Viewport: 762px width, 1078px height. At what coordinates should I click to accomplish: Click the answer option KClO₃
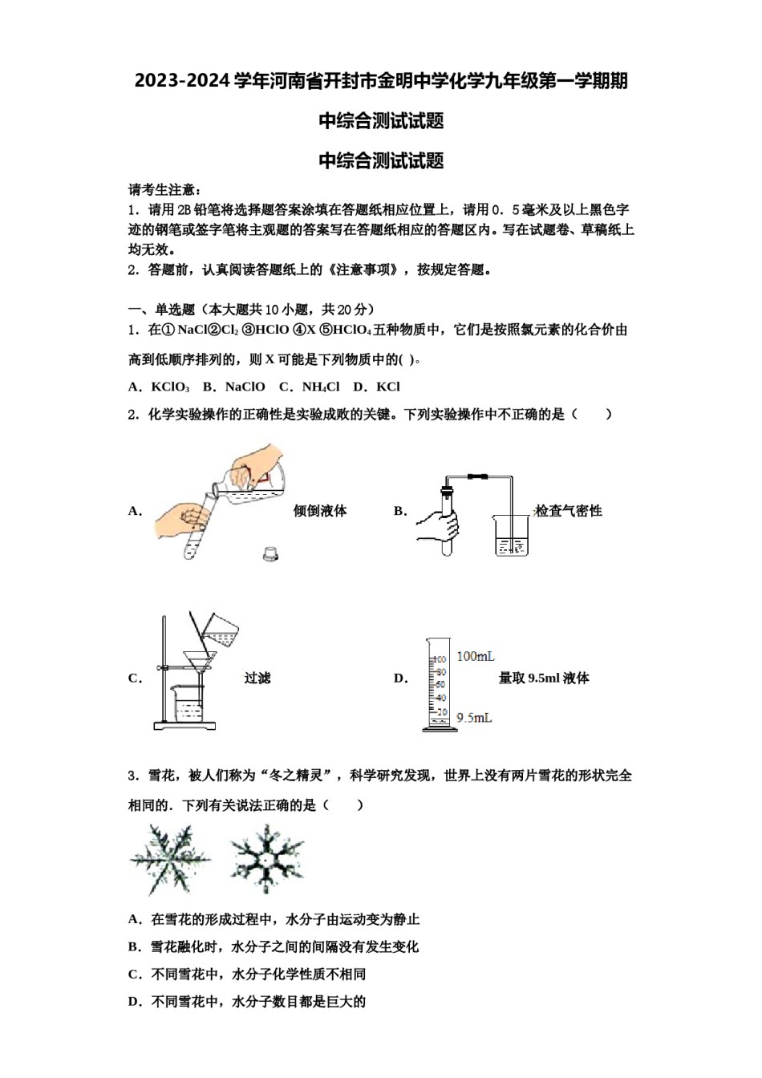click(170, 387)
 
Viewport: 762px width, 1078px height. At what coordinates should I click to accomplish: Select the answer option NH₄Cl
click(320, 387)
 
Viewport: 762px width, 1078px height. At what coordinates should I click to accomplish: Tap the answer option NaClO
click(245, 387)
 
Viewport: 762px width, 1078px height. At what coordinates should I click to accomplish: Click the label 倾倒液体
click(320, 511)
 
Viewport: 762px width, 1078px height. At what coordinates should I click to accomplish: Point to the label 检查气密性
click(568, 511)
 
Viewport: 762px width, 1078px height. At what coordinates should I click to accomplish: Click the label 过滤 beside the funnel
click(257, 678)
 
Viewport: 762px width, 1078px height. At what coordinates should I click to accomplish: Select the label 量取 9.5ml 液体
click(544, 678)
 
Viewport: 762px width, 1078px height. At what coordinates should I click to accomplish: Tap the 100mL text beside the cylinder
click(476, 656)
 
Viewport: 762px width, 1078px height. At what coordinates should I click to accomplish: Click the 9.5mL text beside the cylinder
click(474, 717)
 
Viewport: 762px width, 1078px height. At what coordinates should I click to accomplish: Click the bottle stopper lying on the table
click(271, 553)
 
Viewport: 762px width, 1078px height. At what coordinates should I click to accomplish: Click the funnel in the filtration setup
click(199, 662)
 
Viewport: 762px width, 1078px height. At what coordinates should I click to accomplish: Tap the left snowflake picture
click(169, 860)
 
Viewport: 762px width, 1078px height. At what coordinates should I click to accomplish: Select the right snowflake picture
click(266, 860)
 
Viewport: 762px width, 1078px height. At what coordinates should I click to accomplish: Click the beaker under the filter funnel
click(188, 703)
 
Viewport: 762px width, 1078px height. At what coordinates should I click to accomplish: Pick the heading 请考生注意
click(164, 190)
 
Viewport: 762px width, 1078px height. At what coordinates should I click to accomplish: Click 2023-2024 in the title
click(182, 81)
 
